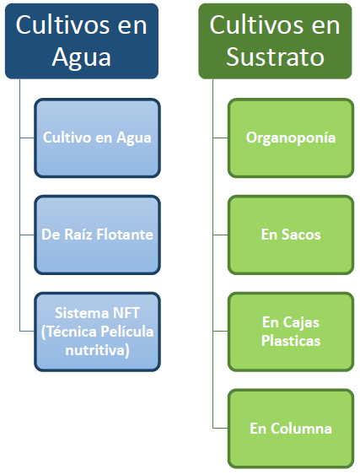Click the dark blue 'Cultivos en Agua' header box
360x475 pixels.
tap(82, 41)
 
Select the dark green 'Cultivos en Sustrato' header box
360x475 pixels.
tap(275, 41)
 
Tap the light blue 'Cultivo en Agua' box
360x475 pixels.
tap(97, 138)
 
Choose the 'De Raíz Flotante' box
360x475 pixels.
tap(97, 235)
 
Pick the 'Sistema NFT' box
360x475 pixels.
tap(97, 332)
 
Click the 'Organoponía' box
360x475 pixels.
tap(291, 138)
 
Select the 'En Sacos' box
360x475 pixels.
tap(291, 235)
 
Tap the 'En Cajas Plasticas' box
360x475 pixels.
tap(291, 332)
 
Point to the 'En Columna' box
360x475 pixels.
tap(291, 429)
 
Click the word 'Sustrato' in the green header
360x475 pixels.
tap(275, 57)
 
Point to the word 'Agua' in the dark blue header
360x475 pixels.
tap(82, 58)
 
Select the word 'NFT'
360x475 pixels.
tap(126, 313)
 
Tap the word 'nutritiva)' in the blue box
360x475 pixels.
tap(97, 350)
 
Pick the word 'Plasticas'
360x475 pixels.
tap(291, 341)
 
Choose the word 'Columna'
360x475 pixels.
tap(301, 429)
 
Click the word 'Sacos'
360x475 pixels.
tap(301, 235)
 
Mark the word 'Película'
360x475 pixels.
tap(126, 332)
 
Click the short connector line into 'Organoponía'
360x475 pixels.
tap(220, 138)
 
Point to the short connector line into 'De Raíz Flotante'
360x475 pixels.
tap(27, 235)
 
